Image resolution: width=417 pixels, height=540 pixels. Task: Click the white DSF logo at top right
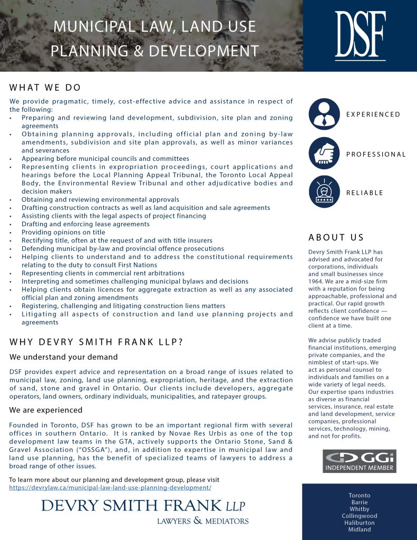pos(360,35)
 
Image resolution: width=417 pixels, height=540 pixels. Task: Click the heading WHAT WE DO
pos(45,88)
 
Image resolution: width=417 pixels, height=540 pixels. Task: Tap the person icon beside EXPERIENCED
pos(324,114)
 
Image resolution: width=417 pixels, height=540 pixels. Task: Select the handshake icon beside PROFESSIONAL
pos(324,154)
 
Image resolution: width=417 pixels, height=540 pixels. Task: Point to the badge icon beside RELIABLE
pos(324,192)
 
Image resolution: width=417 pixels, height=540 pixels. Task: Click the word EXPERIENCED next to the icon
pos(373,114)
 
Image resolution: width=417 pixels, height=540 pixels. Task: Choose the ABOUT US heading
pos(336,238)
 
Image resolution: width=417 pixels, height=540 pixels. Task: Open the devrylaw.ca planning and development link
pos(110,488)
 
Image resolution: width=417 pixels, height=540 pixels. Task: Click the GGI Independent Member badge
pos(359,461)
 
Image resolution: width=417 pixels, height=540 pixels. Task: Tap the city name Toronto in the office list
pos(360,496)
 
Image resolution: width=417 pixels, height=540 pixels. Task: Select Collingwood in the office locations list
pos(360,516)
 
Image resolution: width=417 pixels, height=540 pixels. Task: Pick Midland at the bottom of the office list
pos(360,530)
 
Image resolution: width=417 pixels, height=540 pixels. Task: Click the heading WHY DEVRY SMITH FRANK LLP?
pos(96,342)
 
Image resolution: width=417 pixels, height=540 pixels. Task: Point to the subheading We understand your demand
pos(63,358)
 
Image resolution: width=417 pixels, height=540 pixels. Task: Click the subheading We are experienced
pos(46,410)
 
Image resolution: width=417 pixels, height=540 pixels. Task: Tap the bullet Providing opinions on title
pos(63,232)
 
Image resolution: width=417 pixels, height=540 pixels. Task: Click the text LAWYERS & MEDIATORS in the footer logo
pos(203,521)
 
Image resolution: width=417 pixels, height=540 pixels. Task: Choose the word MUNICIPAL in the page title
pos(88,26)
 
